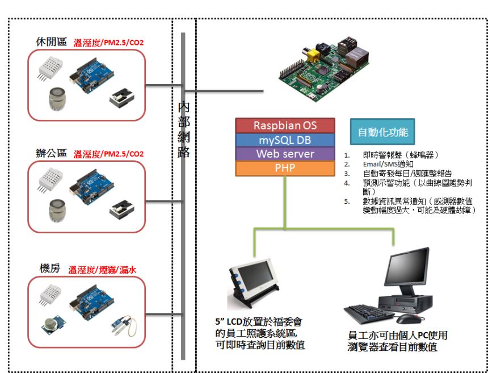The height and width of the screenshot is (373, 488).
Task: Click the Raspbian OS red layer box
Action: pos(285,125)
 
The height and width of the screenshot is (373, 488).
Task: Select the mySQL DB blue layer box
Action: pos(285,140)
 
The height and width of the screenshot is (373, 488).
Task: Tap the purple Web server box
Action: pos(285,154)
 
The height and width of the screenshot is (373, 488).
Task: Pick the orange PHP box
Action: pos(285,168)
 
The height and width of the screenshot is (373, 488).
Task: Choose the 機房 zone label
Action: pos(50,270)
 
